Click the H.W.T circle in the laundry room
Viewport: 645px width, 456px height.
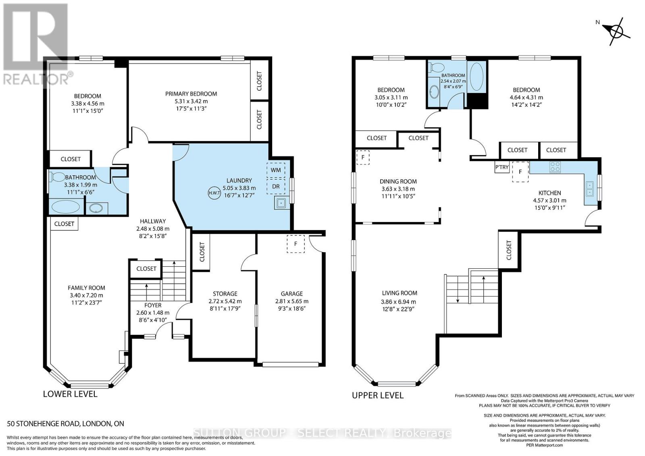click(x=214, y=193)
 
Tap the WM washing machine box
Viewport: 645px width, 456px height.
click(x=276, y=170)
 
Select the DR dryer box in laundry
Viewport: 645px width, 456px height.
click(x=276, y=187)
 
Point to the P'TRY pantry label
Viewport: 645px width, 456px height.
click(x=502, y=167)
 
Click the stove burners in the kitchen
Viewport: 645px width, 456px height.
click(x=555, y=167)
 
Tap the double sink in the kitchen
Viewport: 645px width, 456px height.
click(x=590, y=189)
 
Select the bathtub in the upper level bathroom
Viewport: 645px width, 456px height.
click(x=477, y=77)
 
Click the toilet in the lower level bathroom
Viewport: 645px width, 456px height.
click(x=58, y=176)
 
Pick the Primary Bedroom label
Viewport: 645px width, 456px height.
click(x=191, y=94)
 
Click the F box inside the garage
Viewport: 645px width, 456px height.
click(x=295, y=244)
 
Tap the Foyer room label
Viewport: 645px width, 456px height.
click(x=153, y=305)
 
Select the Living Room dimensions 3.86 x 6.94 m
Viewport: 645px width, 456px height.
click(x=398, y=302)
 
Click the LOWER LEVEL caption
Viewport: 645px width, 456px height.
click(x=70, y=394)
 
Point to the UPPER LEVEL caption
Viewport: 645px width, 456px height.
click(x=378, y=395)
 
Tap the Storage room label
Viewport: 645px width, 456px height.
click(x=225, y=294)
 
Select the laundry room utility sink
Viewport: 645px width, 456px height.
click(x=281, y=203)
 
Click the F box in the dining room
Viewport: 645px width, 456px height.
click(x=363, y=157)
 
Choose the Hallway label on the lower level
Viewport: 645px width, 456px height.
click(x=153, y=221)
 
